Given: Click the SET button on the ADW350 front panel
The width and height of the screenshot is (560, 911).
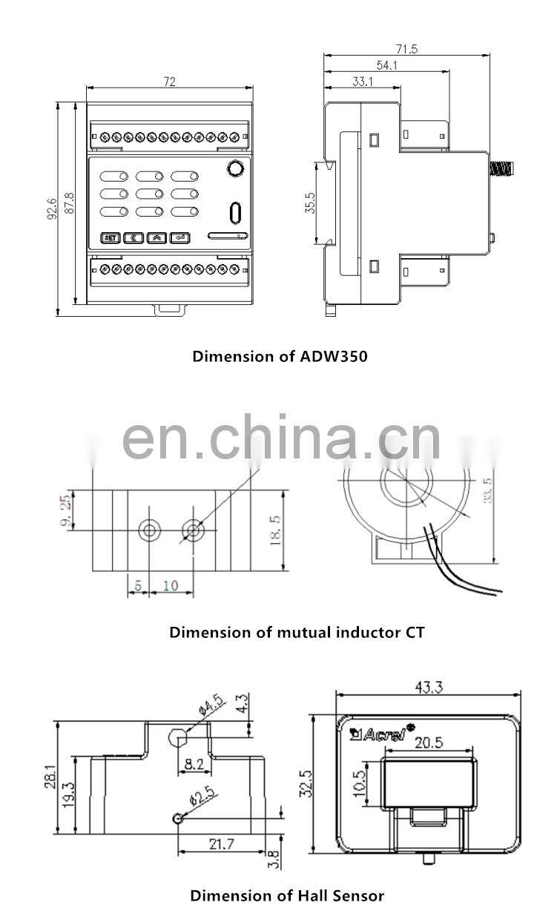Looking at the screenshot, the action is tap(111, 238).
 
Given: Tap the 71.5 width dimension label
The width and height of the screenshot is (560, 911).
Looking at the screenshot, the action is tap(406, 49).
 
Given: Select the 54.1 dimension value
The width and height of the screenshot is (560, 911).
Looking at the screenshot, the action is tap(386, 65).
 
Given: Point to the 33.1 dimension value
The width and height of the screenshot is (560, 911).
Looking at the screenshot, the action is tap(363, 82).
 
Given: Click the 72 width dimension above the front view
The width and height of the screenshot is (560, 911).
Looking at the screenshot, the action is tap(170, 82).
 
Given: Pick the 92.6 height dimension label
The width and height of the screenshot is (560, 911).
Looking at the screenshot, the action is tap(52, 209).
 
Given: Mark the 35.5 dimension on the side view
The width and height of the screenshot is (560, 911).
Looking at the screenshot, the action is tap(310, 203).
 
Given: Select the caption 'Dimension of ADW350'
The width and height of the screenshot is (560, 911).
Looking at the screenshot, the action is tap(280, 356).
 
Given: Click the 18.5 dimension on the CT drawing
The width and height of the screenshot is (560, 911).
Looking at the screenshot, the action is tap(275, 530).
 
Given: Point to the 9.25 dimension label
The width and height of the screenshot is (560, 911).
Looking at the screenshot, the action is tap(65, 510).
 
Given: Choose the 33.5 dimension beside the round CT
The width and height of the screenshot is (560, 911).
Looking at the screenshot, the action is tap(487, 490).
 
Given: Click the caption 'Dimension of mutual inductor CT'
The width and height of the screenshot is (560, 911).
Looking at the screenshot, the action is tap(297, 632).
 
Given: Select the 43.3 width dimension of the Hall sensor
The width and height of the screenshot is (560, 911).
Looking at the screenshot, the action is tap(429, 687).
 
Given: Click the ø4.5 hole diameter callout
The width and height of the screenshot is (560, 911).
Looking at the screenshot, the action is tap(211, 706).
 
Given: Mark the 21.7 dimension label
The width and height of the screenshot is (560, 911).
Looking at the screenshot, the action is tap(222, 845).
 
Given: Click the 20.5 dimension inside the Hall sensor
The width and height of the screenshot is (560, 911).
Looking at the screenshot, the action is tap(429, 743).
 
